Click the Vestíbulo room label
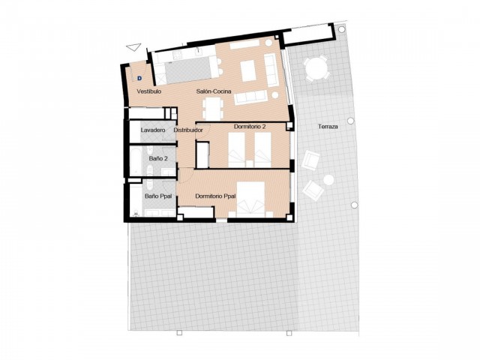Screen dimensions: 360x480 coord(149,91)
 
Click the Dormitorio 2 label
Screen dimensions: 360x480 coord(249,126)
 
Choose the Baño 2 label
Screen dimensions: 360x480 coord(157,159)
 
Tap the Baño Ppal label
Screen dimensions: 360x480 coord(157,196)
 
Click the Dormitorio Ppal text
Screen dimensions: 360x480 coord(215,196)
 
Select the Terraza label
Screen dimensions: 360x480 coord(328,127)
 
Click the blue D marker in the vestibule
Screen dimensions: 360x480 coord(139,75)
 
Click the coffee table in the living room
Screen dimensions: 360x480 coord(248,70)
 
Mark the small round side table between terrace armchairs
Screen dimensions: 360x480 coord(328,180)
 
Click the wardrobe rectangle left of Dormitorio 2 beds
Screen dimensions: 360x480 coord(201,153)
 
